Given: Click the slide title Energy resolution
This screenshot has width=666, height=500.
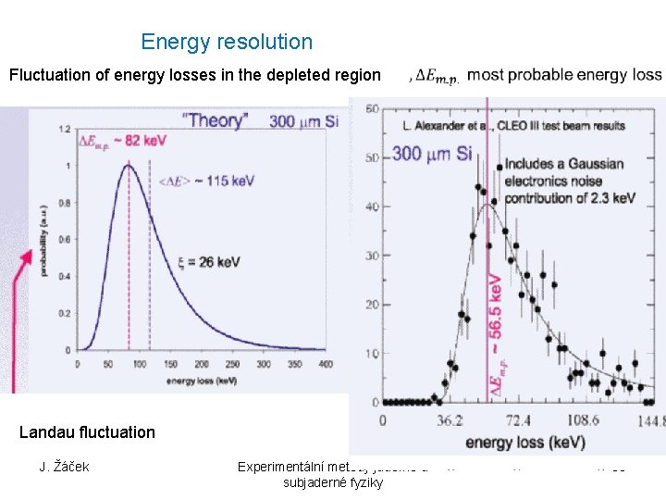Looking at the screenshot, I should (227, 42).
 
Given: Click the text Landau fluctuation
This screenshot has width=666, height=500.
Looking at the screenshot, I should (87, 431).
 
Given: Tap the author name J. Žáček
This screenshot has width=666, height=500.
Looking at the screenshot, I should (64, 466).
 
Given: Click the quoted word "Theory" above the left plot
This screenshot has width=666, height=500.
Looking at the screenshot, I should (214, 119).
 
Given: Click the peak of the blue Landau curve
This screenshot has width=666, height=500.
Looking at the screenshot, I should (129, 166).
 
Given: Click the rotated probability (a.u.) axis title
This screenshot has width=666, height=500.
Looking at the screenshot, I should (41, 240).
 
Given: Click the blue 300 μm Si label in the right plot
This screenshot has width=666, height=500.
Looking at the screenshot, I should (432, 153).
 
